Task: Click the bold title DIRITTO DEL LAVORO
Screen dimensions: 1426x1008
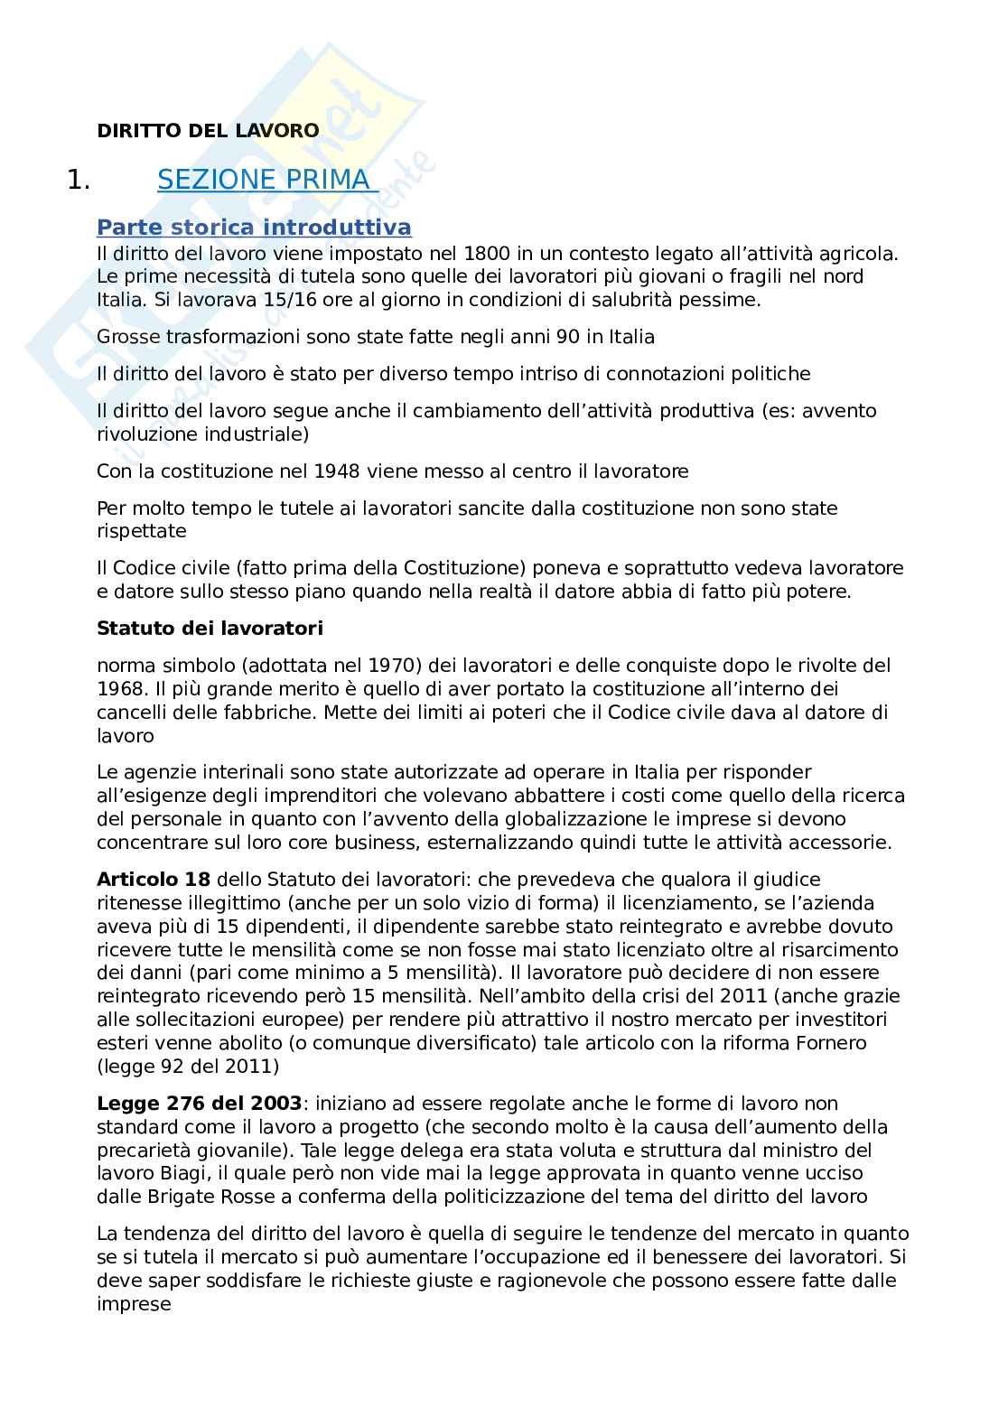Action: (208, 130)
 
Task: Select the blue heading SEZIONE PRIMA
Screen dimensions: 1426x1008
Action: (264, 180)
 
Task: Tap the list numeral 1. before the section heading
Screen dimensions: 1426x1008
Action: (79, 180)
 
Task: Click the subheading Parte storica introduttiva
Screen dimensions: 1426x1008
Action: (254, 227)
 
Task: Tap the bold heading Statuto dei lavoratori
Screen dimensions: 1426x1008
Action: (210, 627)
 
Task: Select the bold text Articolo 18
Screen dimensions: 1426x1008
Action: (153, 879)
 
